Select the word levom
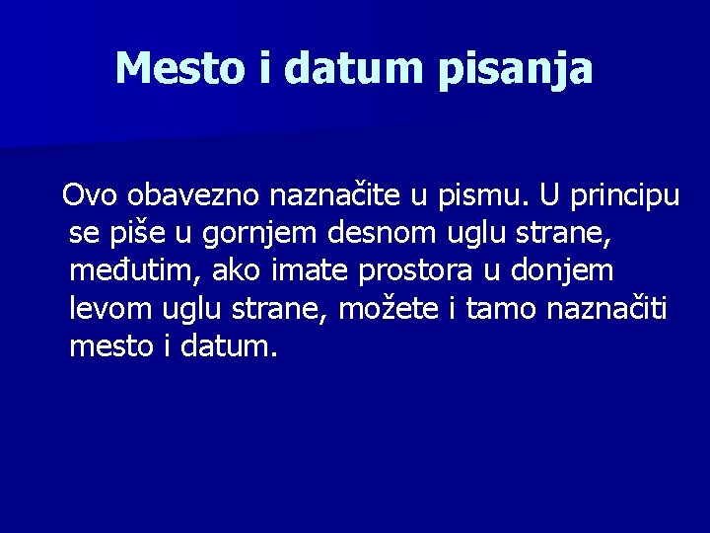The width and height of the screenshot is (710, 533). point(109,308)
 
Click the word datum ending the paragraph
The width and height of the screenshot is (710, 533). point(229,345)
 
